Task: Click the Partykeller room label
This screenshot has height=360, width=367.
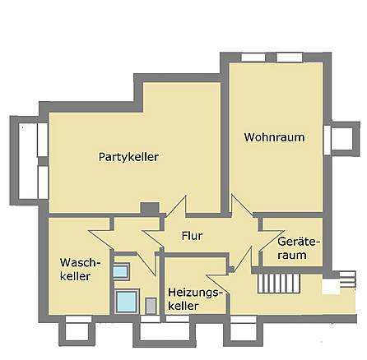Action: click(x=128, y=157)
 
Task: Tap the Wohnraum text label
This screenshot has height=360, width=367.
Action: click(x=274, y=137)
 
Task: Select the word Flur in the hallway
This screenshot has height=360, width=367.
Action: click(x=193, y=237)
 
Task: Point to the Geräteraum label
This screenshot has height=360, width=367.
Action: click(x=297, y=249)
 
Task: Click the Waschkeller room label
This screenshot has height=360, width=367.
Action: click(x=80, y=270)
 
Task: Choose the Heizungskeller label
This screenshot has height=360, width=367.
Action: click(x=195, y=299)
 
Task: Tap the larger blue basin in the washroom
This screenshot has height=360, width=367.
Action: click(x=127, y=301)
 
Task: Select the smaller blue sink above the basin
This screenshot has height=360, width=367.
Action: click(x=120, y=271)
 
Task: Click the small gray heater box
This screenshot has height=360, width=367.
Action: click(x=151, y=305)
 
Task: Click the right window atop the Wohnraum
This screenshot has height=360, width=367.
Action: click(x=289, y=58)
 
